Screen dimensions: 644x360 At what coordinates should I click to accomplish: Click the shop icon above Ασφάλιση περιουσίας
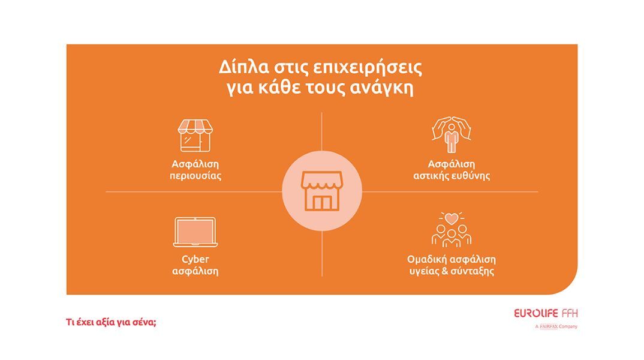tap(195, 136)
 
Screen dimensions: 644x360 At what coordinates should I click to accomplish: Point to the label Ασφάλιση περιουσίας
tap(195, 170)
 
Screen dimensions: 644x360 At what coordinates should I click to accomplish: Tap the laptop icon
tap(195, 232)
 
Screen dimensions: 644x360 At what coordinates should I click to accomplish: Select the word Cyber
tap(195, 259)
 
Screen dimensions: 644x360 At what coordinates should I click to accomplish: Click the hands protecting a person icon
tap(452, 135)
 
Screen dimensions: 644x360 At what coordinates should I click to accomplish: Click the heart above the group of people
tap(452, 218)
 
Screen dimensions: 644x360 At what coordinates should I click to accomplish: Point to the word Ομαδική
tap(428, 259)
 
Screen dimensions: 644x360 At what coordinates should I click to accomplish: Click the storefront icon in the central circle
tap(322, 191)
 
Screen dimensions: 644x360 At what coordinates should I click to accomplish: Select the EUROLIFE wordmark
tap(536, 314)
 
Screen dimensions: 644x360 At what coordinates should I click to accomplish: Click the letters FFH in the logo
tap(570, 314)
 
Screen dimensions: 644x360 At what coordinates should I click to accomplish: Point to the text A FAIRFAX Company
tap(556, 326)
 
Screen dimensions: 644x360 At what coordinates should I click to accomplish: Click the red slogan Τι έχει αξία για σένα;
tap(111, 322)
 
